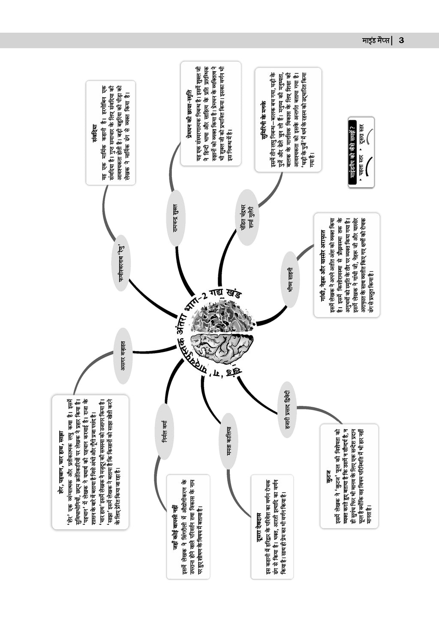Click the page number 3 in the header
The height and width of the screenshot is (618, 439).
(401, 40)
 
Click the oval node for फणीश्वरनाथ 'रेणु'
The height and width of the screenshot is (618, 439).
(122, 263)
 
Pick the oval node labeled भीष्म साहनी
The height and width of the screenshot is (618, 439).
(290, 279)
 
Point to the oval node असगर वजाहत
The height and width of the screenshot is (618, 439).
(123, 355)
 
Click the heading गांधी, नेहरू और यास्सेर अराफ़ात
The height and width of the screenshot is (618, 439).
(322, 265)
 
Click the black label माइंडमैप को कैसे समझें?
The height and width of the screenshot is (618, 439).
(353, 153)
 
